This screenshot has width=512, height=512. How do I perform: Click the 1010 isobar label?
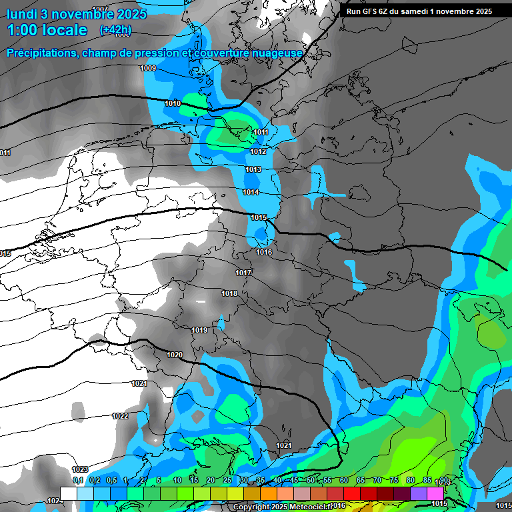(x=173, y=103)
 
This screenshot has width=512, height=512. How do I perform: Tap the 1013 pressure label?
(x=253, y=170)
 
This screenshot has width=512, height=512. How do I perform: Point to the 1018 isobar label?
(x=229, y=294)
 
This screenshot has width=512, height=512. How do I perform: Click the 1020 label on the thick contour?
(x=175, y=355)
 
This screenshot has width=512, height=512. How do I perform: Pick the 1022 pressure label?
(x=120, y=416)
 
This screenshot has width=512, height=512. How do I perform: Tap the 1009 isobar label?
(x=148, y=69)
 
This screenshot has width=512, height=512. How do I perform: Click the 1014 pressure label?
(x=251, y=193)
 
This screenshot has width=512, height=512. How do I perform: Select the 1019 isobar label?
(x=199, y=331)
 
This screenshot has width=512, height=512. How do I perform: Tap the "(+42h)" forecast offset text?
(x=115, y=30)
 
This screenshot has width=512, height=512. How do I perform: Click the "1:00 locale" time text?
(x=47, y=30)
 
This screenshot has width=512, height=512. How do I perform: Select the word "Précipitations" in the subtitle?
(x=41, y=53)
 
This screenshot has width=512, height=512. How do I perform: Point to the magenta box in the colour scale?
(x=435, y=493)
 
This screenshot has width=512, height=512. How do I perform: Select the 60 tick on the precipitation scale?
(x=344, y=481)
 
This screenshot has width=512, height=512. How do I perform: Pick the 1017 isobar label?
(x=243, y=273)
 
